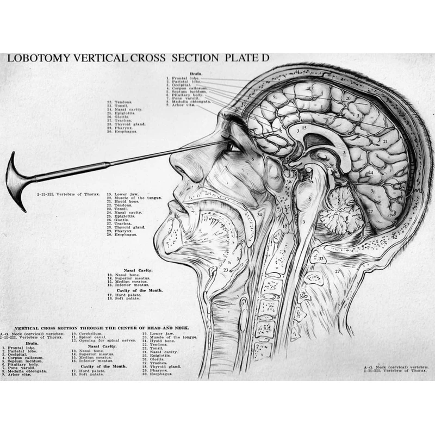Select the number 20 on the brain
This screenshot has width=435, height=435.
coord(348,98)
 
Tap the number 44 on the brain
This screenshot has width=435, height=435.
coord(370,172)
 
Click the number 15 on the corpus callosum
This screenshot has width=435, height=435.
coord(304,128)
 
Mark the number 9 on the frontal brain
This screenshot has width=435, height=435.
coord(275,96)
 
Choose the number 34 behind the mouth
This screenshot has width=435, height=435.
coord(259,214)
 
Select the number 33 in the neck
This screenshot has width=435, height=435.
coord(321,259)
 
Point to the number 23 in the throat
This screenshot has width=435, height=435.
coord(226,270)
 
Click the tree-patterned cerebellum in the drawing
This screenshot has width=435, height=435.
coord(337,212)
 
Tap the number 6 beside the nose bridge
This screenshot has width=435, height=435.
coord(253,159)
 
